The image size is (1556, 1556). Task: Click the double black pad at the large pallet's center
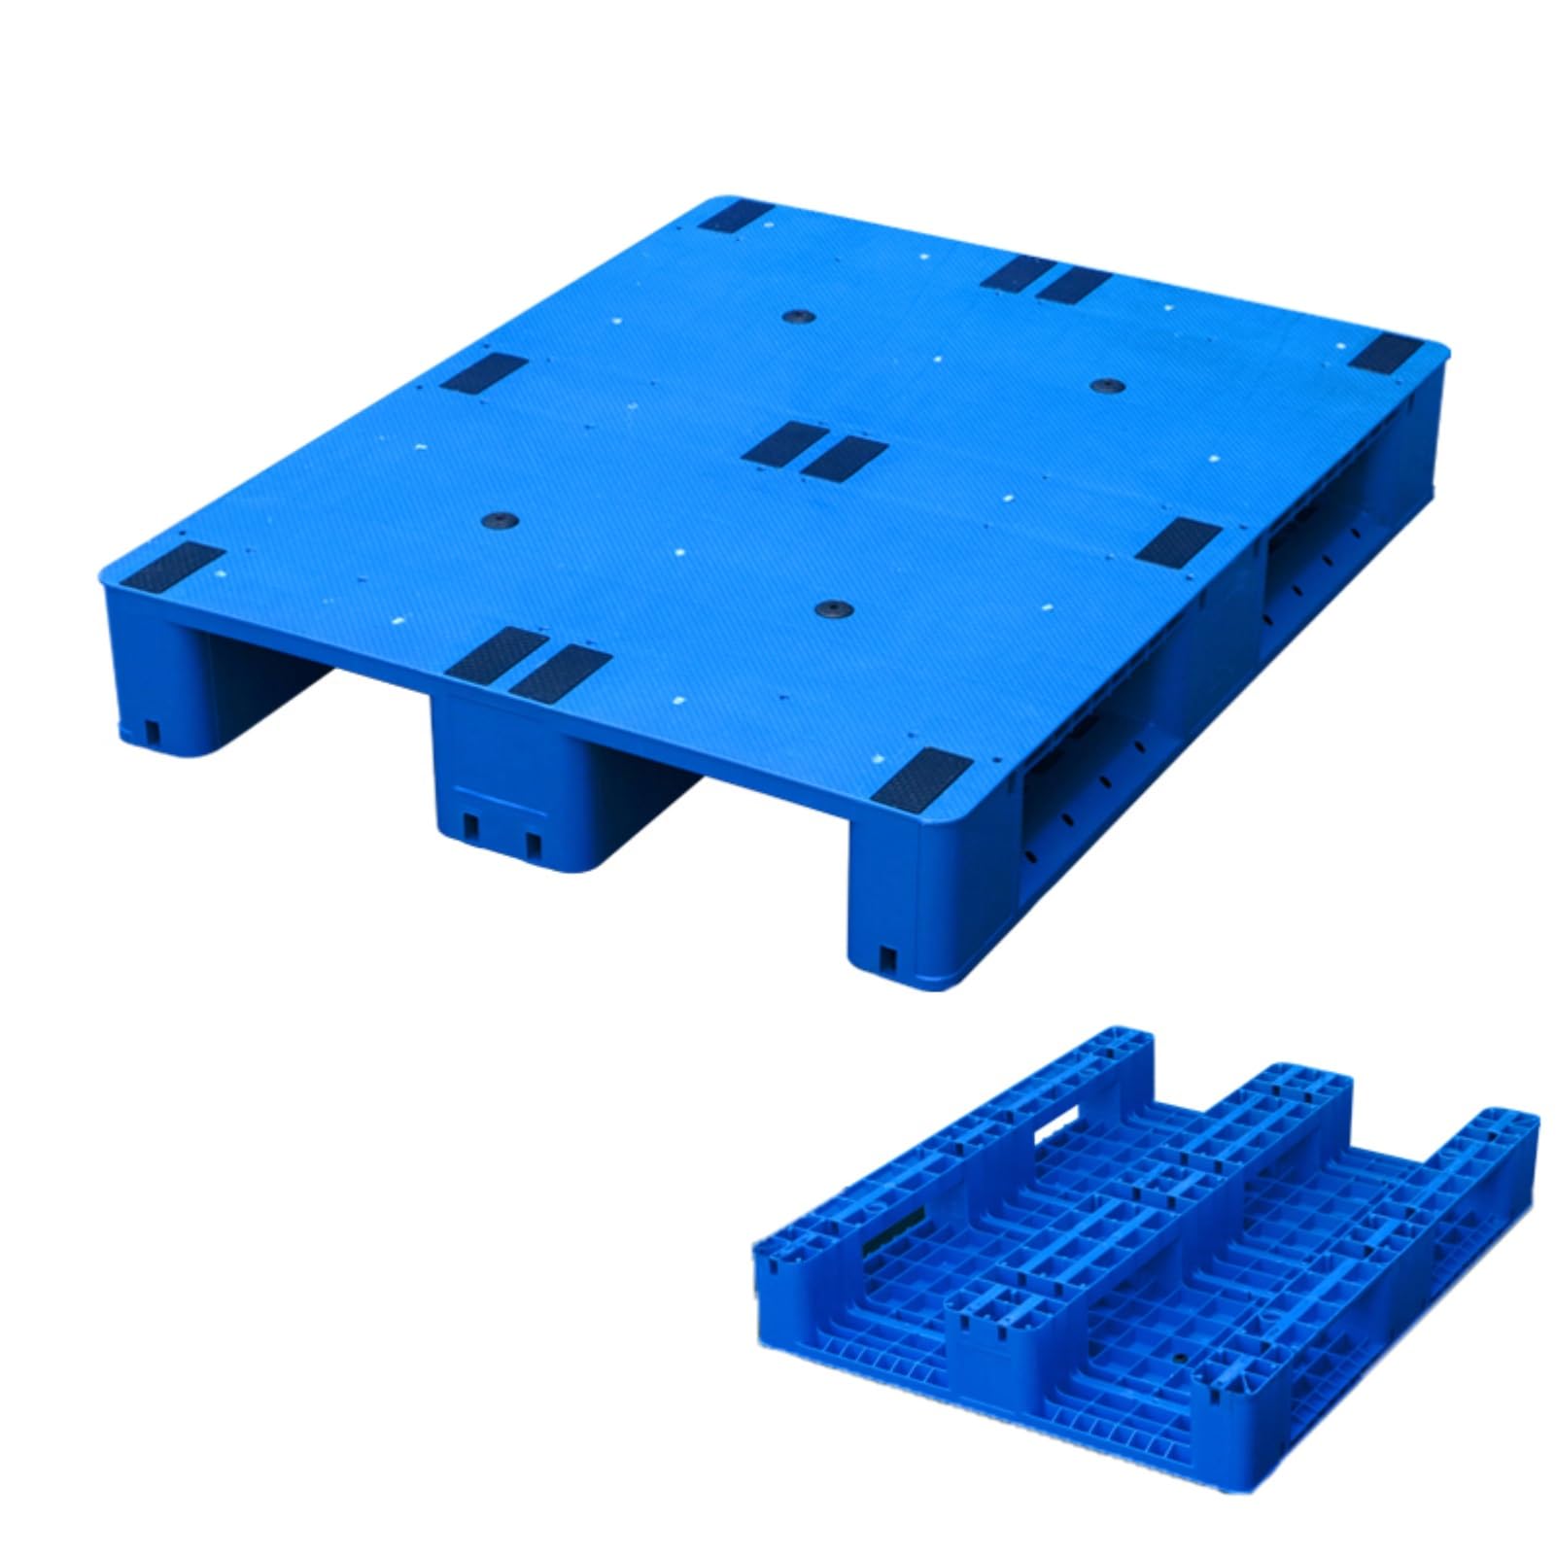click(814, 452)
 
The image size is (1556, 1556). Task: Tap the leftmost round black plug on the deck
click(501, 520)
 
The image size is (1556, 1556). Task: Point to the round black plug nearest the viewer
click(834, 609)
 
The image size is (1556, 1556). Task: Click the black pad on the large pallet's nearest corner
click(920, 778)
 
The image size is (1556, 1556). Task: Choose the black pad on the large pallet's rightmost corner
click(1384, 354)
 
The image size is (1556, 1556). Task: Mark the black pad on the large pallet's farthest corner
click(737, 216)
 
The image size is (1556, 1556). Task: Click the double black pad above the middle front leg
click(529, 664)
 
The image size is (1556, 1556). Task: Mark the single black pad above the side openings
click(1178, 542)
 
